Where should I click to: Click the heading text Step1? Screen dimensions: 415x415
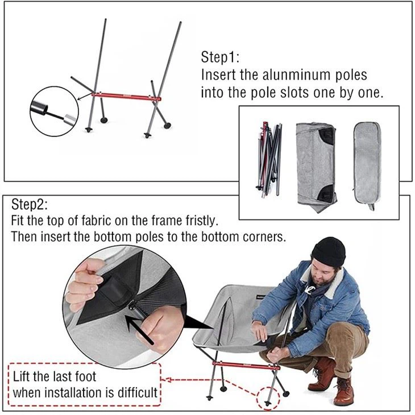click(220, 57)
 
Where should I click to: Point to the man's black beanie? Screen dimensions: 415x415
click(328, 251)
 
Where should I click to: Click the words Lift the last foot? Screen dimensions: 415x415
click(55, 376)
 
